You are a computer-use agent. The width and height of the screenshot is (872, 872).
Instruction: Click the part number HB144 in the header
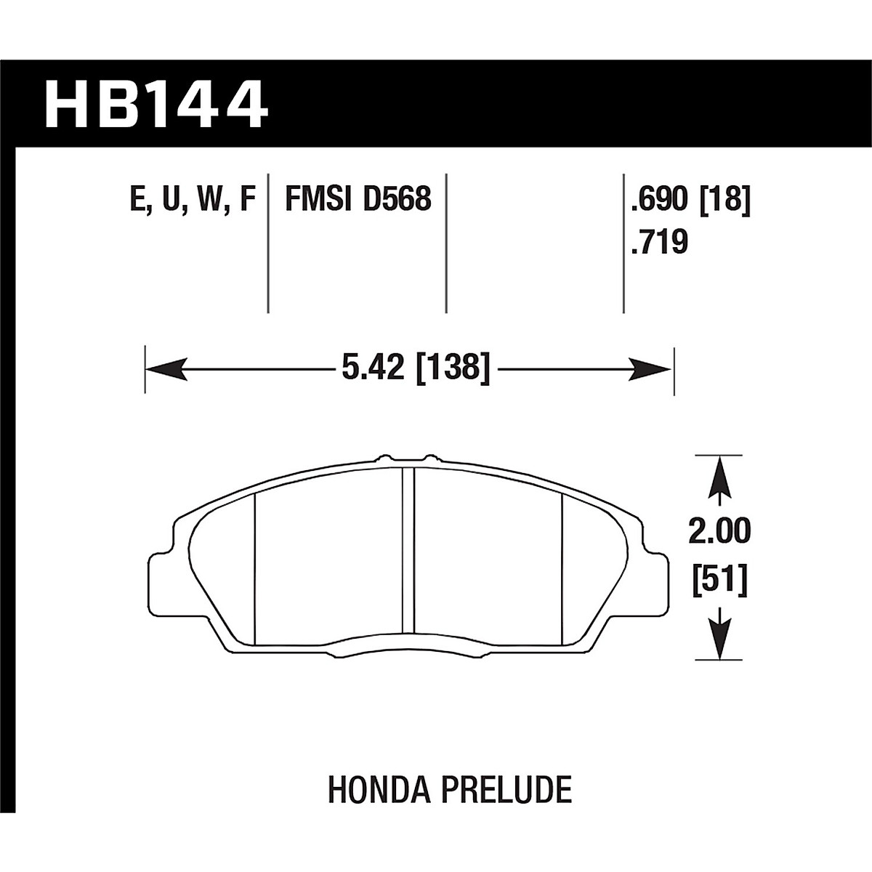(156, 104)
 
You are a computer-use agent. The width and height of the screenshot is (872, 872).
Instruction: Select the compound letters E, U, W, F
(193, 198)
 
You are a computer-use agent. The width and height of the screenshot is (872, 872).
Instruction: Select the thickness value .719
(659, 242)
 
